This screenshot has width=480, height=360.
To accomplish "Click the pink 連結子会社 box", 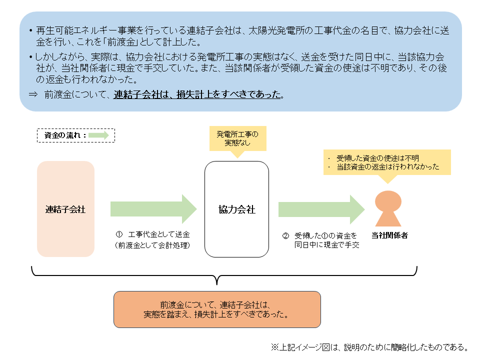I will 65,209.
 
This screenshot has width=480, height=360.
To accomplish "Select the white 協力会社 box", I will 236,209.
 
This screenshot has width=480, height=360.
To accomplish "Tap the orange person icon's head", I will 388,202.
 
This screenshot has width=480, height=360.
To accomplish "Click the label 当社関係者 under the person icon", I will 389,235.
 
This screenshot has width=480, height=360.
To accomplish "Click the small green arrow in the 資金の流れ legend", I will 99,135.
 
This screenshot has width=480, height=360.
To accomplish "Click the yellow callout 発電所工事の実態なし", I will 237,138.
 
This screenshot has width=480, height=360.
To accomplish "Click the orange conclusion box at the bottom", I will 217,309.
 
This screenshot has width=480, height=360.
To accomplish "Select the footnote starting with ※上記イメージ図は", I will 370,346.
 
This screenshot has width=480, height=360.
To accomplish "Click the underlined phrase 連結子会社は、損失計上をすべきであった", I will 197,94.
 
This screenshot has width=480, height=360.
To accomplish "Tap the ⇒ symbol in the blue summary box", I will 33,94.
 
